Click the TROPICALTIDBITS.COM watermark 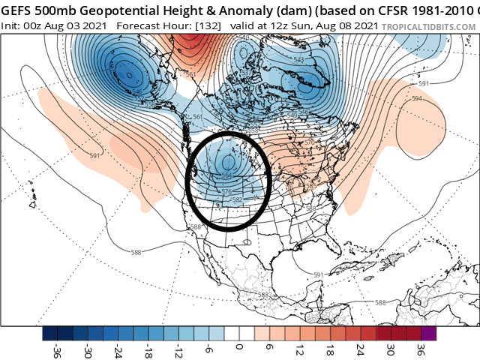pyautogui.click(x=427, y=25)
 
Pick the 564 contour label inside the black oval pyautogui.click(x=227, y=175)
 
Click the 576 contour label pyautogui.click(x=227, y=192)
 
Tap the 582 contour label pyautogui.click(x=238, y=200)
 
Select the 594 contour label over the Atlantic pyautogui.click(x=416, y=98)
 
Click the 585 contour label pyautogui.click(x=310, y=185)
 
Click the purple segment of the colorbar pyautogui.click(x=428, y=333)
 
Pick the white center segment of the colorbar pyautogui.click(x=239, y=333)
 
